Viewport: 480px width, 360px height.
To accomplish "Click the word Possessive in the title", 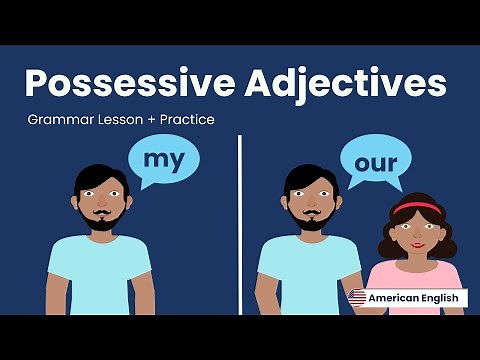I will (121, 83).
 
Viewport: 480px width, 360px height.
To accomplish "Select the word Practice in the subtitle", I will (185, 120).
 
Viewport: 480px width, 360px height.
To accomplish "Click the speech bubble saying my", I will (163, 160).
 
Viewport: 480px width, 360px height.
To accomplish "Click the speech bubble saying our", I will (376, 161).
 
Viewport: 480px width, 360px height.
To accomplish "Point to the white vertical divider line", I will (240, 220).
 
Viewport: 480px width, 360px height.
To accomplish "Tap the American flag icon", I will (357, 297).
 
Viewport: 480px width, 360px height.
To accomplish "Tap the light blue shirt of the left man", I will (100, 275).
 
